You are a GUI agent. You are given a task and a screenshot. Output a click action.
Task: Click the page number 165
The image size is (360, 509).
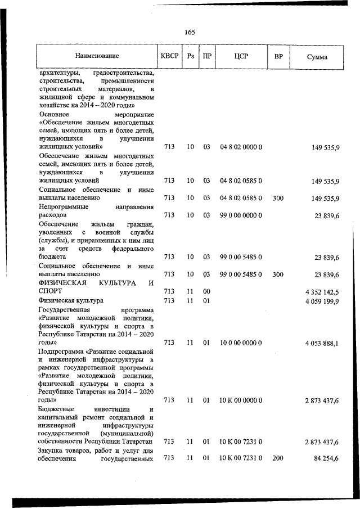[189, 31]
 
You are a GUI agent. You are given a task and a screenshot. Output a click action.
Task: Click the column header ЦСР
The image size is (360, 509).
[241, 57]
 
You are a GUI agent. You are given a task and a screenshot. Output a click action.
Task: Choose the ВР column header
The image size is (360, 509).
[278, 57]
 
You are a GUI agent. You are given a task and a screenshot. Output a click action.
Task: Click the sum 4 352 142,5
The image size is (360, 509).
[322, 291]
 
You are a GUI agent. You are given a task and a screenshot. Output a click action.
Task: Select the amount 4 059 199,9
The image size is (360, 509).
[322, 301]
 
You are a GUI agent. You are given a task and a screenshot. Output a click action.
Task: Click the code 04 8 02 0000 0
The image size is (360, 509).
[241, 147]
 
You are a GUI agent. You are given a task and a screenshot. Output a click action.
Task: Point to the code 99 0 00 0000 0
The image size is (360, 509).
[241, 215]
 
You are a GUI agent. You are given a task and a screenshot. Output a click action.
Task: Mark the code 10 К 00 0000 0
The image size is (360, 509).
[241, 400]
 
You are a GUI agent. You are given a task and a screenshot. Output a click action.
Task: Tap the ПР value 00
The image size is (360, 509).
[206, 291]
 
